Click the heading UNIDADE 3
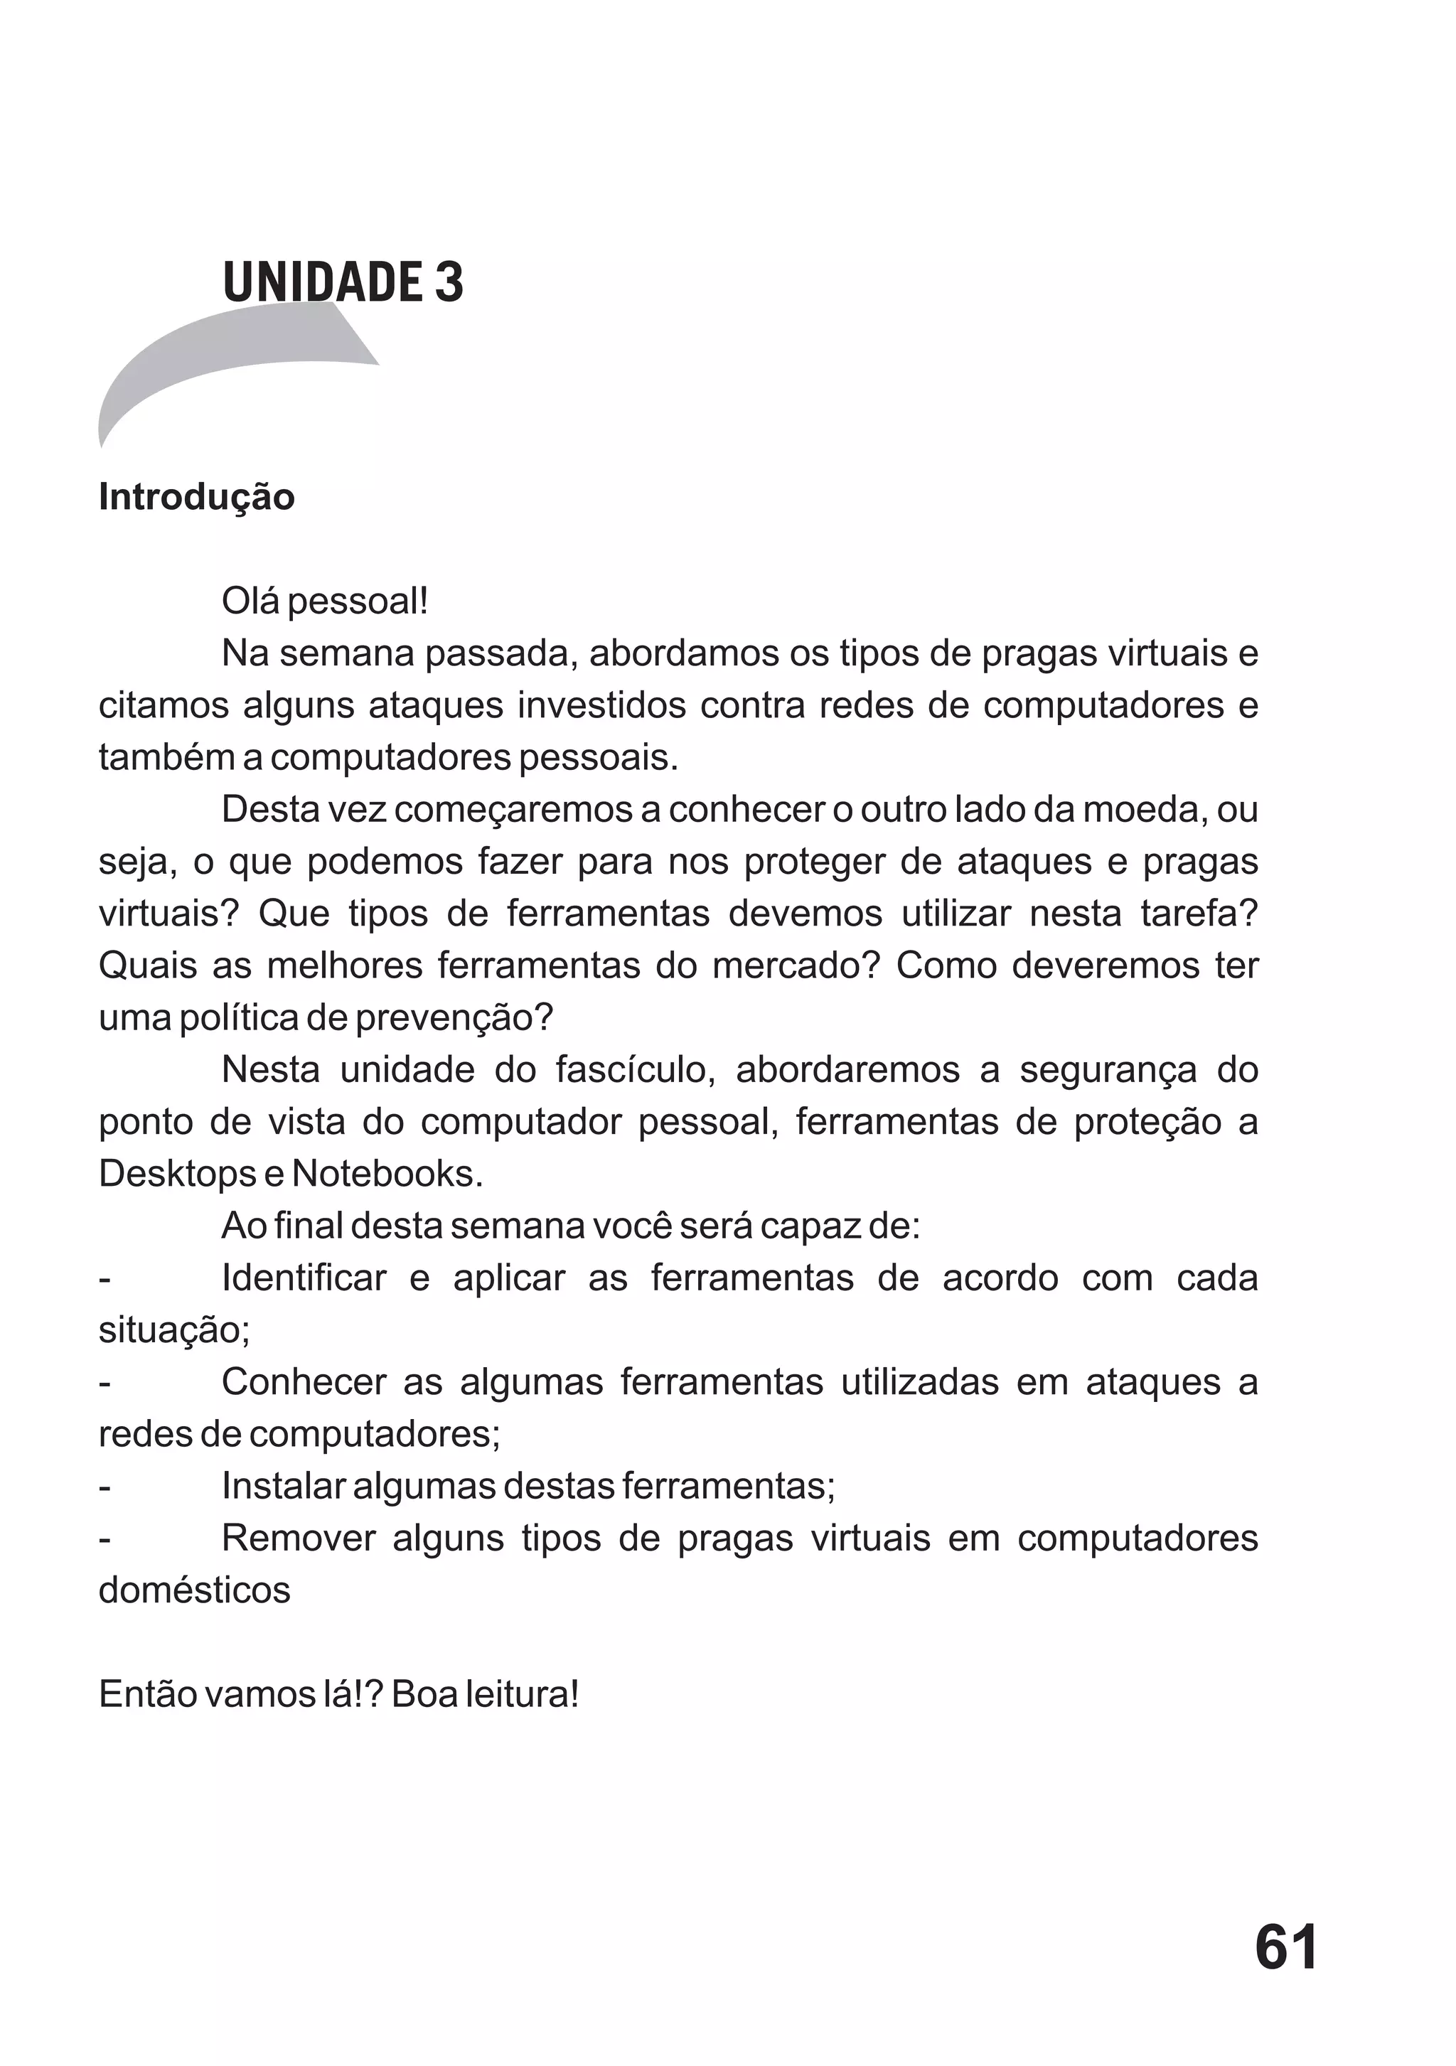[x=343, y=282]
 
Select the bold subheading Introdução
[x=196, y=497]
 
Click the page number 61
[x=1286, y=1948]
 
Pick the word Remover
[x=298, y=1538]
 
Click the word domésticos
[x=194, y=1591]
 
